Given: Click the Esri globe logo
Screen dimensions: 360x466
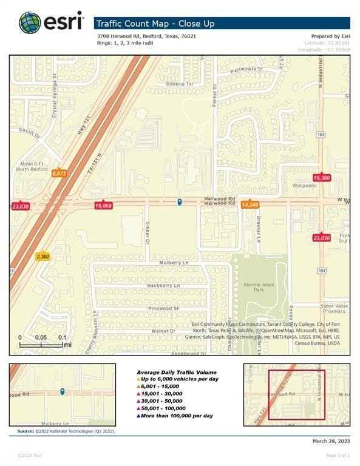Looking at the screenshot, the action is pos(30,22).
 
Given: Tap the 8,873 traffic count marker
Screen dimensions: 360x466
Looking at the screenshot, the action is pos(59,173).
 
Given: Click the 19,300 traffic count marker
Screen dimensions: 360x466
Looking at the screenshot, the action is pos(321,177).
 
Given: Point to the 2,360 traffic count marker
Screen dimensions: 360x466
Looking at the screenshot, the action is pos(42,257).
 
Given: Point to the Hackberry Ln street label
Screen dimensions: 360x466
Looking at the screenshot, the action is pos(163,285).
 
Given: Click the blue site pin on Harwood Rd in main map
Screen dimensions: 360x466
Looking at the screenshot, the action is pos(179,202).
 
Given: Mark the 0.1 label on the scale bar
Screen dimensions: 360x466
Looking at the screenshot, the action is pos(62,337).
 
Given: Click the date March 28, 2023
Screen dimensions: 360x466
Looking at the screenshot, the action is pos(331,441).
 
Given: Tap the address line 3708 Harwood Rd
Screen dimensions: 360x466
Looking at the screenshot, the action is pos(146,36).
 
